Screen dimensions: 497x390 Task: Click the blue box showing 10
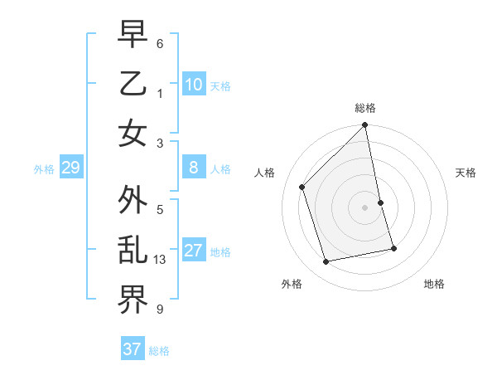point(193,85)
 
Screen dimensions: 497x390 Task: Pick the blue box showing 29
point(70,168)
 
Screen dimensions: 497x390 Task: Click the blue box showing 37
point(133,349)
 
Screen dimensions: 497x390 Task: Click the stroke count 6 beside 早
point(160,41)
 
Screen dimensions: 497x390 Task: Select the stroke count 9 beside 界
point(160,310)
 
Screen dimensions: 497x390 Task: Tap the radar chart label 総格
point(365,108)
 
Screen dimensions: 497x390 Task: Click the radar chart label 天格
point(466,173)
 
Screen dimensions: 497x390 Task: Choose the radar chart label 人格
point(264,173)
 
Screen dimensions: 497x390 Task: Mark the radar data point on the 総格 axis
point(365,126)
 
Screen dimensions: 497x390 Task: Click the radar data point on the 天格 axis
point(381,202)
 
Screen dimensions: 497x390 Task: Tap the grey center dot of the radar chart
point(365,207)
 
